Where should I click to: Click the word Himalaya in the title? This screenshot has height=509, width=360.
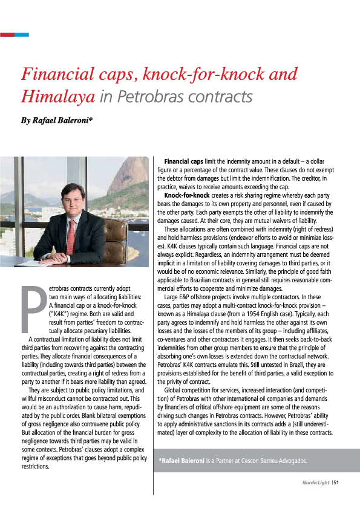[57, 96]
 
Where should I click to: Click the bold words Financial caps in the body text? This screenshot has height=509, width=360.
[184, 162]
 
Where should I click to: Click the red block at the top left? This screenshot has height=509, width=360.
[7, 34]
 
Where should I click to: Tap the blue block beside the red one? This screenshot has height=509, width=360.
[21, 34]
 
